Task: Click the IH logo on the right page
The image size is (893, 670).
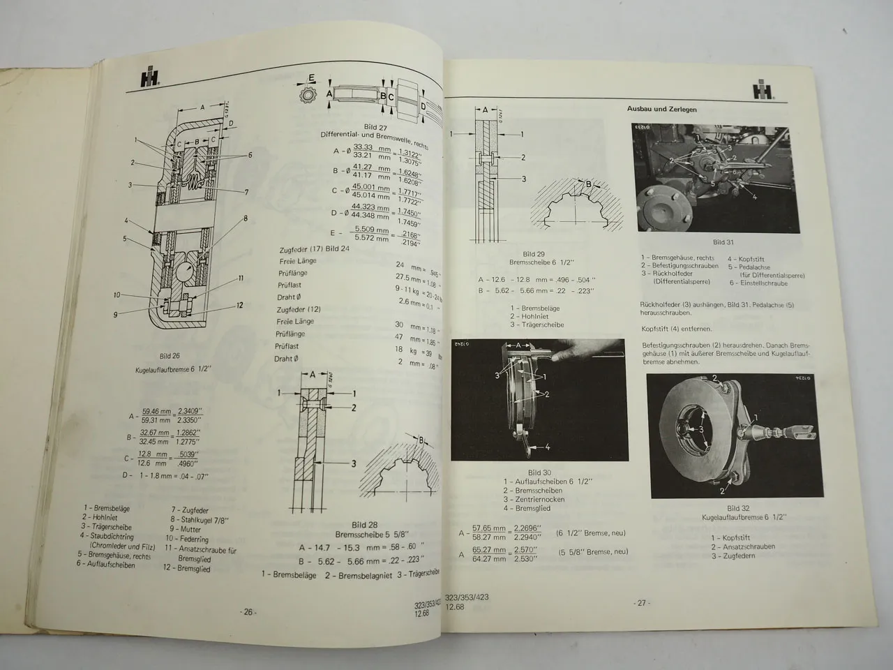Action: click(763, 91)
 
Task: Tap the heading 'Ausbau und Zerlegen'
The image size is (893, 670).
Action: click(658, 110)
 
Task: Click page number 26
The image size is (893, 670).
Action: click(248, 612)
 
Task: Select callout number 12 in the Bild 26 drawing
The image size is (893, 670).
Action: click(239, 304)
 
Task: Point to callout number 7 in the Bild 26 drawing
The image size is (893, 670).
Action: click(246, 191)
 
